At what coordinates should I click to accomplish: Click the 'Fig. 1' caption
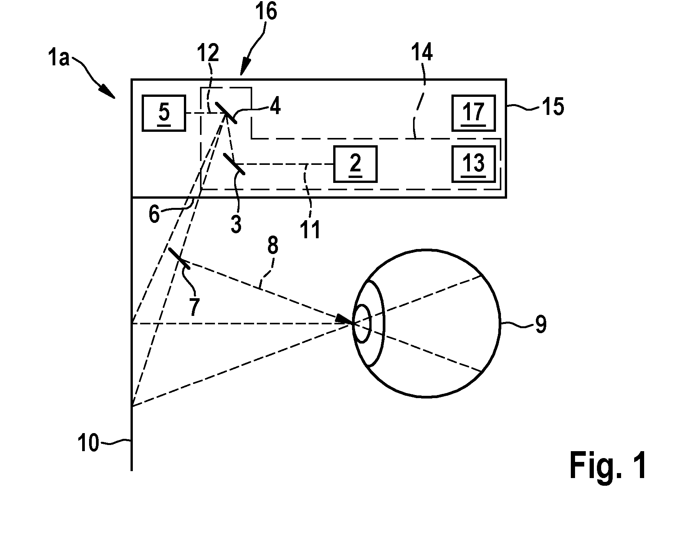coord(608,465)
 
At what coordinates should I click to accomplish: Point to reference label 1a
coord(59,59)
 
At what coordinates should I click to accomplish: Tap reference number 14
coord(422,53)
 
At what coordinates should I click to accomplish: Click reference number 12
coord(208,53)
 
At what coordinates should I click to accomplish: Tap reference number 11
coord(310,230)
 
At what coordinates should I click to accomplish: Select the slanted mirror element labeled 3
coord(234,164)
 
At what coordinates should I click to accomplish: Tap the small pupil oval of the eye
coord(362,324)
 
